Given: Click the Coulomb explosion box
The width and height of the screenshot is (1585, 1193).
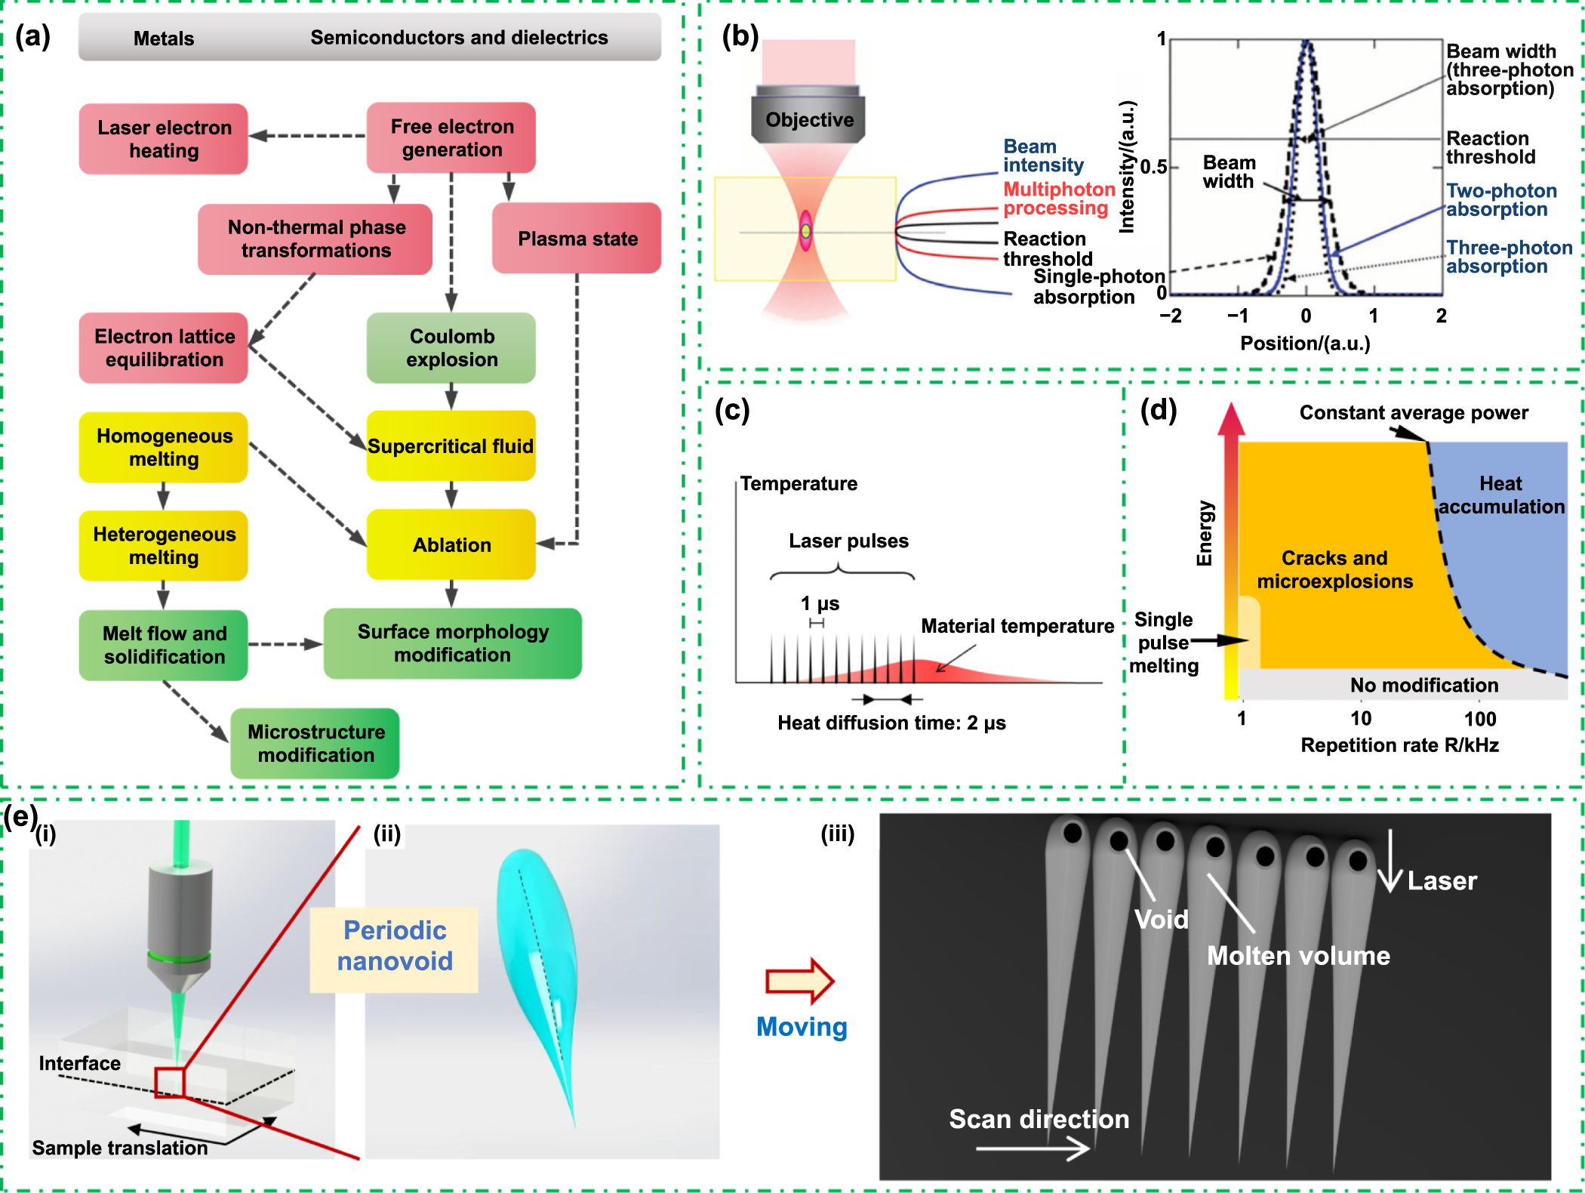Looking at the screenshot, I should [451, 347].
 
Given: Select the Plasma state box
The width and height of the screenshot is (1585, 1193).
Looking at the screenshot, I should [577, 239].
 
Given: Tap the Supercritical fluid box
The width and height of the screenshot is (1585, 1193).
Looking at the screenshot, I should [451, 446].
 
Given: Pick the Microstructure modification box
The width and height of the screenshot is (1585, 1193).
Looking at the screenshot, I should [315, 743].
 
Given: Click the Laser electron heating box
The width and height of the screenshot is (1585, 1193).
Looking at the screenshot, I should [164, 139].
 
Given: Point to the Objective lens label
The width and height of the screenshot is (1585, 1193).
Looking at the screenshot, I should [809, 119].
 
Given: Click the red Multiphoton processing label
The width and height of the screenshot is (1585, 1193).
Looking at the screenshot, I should [1058, 199].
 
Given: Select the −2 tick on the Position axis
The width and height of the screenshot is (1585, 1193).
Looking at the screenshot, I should [1170, 316].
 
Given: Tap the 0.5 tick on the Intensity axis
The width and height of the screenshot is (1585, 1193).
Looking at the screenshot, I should [1153, 167].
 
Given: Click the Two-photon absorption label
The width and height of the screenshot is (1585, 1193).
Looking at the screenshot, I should [1500, 200].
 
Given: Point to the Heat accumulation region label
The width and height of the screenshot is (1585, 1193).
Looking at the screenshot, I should [1500, 495].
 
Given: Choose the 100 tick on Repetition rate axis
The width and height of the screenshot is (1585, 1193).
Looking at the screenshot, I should [1479, 719].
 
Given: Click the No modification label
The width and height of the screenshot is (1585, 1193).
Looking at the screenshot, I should [1423, 685].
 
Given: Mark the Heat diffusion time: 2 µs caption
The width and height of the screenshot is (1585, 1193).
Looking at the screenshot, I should [891, 723].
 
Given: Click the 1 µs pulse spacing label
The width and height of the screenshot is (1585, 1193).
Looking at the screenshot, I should [820, 603].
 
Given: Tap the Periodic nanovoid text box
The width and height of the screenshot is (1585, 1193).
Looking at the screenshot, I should [394, 946].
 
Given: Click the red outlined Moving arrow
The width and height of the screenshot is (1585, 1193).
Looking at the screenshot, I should [799, 981].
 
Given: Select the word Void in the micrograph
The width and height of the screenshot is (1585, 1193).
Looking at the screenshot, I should [1161, 919].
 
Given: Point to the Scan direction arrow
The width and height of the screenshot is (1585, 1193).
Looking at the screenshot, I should [1033, 1149].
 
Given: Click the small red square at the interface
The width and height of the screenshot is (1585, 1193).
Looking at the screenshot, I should [170, 1082].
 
